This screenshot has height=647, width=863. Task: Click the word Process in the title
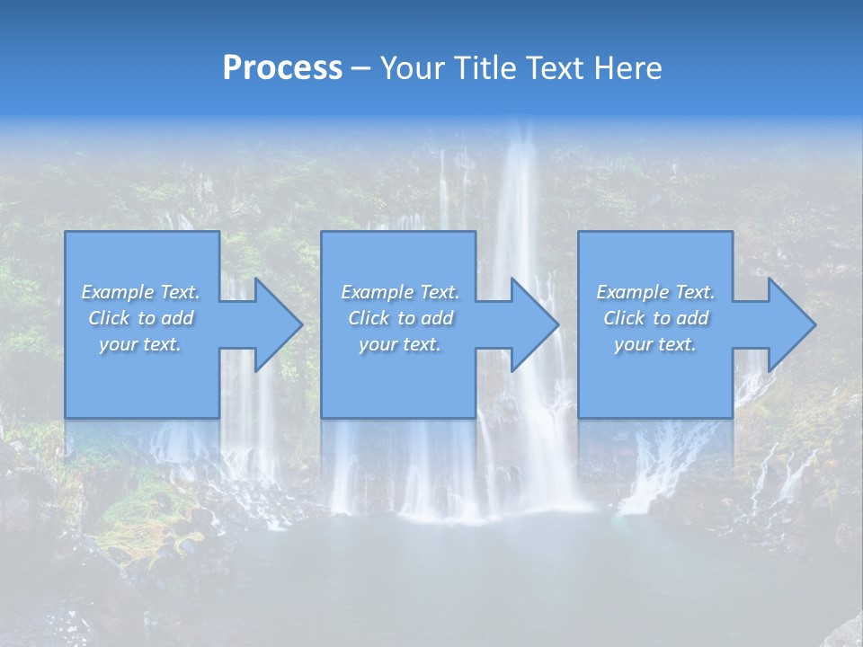point(282,68)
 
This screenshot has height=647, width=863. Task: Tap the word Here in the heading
point(627,68)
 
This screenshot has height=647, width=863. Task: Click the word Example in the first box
point(117,292)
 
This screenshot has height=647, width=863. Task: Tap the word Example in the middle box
point(377,292)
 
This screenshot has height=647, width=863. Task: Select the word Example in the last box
point(632,292)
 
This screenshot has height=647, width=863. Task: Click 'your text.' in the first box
point(140,344)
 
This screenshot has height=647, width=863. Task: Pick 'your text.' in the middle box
point(399,344)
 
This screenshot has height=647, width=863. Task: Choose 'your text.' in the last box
point(655,344)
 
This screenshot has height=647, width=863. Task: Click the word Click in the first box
point(109,318)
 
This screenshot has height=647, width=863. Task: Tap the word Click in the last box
point(624,318)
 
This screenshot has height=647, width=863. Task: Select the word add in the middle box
point(437,318)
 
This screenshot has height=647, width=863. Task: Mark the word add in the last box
point(692,318)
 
